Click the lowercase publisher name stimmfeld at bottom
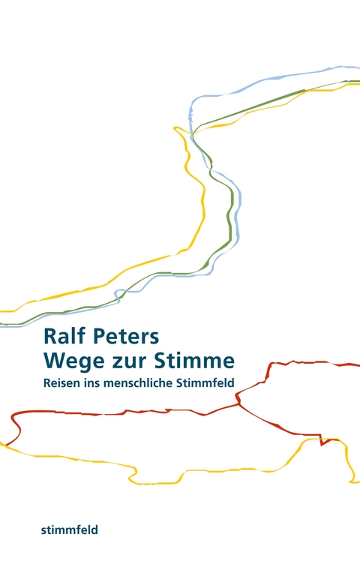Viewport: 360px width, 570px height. (x=70, y=529)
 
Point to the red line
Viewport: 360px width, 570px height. (x=112, y=411)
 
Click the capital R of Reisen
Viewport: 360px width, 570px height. (x=47, y=382)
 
